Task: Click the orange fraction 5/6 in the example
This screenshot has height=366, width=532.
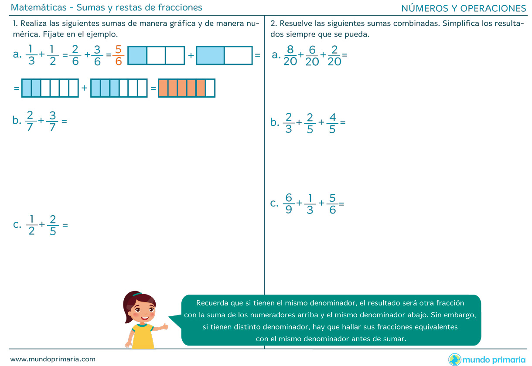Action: click(x=119, y=55)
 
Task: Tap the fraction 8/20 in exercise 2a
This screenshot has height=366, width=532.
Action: click(x=290, y=55)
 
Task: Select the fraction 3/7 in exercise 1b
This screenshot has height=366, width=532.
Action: click(x=52, y=121)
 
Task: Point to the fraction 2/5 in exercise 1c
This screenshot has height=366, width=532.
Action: click(x=53, y=225)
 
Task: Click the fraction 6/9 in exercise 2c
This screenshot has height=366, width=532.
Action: click(x=289, y=203)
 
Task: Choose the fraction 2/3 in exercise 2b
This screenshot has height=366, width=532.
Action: click(x=289, y=123)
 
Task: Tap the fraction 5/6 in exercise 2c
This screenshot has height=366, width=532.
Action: click(x=332, y=203)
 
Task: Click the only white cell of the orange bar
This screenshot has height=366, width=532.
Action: click(x=210, y=88)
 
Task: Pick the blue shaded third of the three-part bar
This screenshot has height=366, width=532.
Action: click(x=137, y=55)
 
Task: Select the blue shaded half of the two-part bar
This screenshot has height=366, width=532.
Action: click(x=211, y=55)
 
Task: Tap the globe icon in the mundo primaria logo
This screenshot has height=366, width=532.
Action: click(x=454, y=359)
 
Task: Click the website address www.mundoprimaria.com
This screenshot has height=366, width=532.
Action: click(x=53, y=359)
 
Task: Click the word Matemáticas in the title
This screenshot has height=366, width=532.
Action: click(x=39, y=7)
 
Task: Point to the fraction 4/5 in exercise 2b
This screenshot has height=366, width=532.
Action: click(x=332, y=123)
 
